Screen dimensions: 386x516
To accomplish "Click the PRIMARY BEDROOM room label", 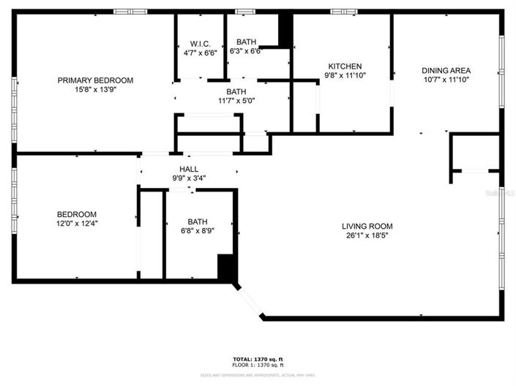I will pyautogui.click(x=95, y=80).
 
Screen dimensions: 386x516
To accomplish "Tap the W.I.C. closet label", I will pyautogui.click(x=200, y=43).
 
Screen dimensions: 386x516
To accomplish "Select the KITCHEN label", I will pyautogui.click(x=344, y=66).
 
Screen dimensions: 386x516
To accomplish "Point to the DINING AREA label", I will pyautogui.click(x=445, y=71).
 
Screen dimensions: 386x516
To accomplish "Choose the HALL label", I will pyautogui.click(x=189, y=169).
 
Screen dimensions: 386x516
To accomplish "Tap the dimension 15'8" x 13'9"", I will pyautogui.click(x=95, y=89).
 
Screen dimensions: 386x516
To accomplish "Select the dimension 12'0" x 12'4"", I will pyautogui.click(x=77, y=224).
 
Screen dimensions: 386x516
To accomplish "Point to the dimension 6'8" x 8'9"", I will pyautogui.click(x=198, y=230).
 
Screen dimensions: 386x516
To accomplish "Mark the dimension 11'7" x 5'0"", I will pyautogui.click(x=236, y=101).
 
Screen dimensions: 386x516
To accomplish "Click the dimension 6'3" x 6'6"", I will pyautogui.click(x=245, y=51).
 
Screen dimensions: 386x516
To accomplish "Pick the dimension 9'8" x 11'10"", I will pyautogui.click(x=344, y=75).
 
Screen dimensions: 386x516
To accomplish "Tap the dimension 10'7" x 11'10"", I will pyautogui.click(x=445, y=80).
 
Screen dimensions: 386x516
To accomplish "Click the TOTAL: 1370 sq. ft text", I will pyautogui.click(x=258, y=359).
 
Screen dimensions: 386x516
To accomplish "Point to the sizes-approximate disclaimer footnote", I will pyautogui.click(x=258, y=375).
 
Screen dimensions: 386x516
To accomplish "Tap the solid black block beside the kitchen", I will pyautogui.click(x=285, y=30).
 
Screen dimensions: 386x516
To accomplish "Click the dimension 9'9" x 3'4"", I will pyautogui.click(x=189, y=178).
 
